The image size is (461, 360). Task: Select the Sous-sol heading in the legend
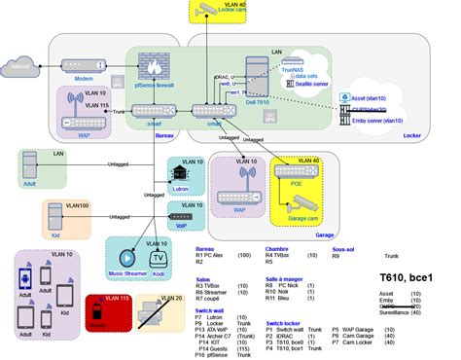344,249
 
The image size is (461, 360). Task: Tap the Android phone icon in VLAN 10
28,279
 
